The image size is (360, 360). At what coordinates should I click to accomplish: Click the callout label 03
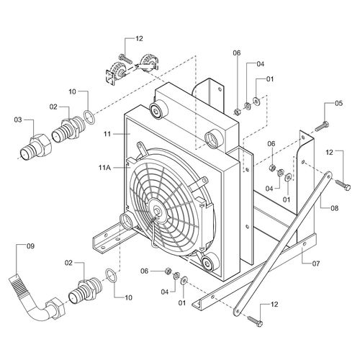click(18, 120)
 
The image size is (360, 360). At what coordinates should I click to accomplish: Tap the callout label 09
click(30, 246)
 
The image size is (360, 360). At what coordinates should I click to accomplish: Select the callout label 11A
click(104, 168)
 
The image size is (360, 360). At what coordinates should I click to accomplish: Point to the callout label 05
click(338, 104)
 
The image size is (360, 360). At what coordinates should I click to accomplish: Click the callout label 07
click(316, 264)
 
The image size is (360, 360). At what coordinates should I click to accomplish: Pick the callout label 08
click(334, 208)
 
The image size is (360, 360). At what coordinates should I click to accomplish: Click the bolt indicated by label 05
click(322, 126)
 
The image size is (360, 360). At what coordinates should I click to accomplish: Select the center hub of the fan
click(157, 212)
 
